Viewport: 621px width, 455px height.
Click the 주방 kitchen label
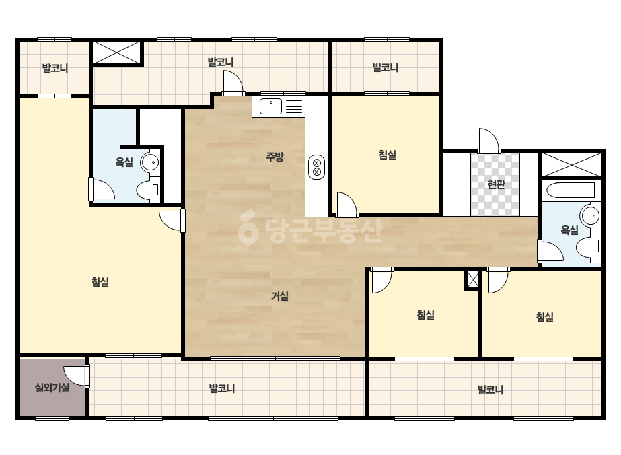275,157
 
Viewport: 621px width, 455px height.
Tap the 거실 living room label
280,296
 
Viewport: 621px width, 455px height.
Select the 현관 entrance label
496,184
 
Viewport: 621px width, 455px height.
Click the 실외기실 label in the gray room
52,387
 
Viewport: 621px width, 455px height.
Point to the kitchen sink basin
271,106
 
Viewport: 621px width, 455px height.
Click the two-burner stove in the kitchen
316,167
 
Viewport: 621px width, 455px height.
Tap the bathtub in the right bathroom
571,190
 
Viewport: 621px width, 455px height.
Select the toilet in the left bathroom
148,189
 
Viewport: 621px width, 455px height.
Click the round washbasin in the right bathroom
590,215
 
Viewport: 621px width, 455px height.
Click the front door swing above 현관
488,140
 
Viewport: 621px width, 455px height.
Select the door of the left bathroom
102,189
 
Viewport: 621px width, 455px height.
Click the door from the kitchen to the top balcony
233,83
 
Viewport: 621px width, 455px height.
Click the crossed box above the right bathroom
571,164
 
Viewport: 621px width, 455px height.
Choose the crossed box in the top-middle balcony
116,52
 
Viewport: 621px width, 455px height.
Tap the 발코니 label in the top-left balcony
55,68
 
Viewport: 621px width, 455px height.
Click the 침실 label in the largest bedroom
100,282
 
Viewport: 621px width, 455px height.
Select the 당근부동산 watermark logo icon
248,228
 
